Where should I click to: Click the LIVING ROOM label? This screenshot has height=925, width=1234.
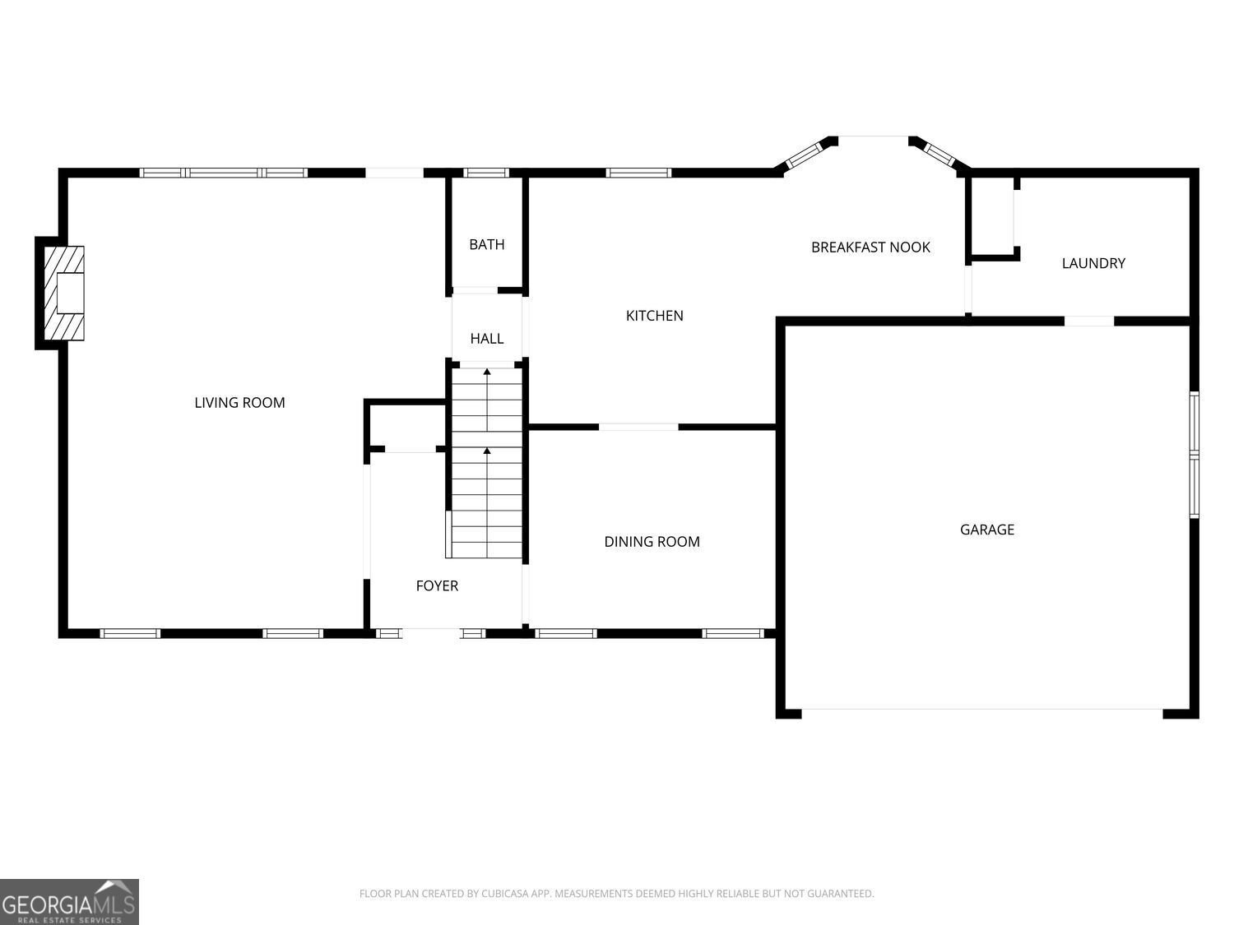click(239, 403)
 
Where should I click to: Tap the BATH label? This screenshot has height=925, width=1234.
click(487, 244)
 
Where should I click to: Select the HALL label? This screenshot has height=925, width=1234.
click(487, 339)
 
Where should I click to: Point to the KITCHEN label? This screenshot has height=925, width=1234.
click(654, 316)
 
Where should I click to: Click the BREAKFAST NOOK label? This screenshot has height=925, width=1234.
click(870, 247)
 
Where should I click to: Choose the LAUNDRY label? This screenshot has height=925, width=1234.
click(1093, 263)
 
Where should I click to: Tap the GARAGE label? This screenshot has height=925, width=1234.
click(986, 530)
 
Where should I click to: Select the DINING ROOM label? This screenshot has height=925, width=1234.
click(652, 541)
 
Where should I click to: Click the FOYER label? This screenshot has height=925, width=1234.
click(437, 585)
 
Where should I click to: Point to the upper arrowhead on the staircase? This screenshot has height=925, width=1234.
click(487, 372)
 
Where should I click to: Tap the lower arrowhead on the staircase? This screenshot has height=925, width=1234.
click(487, 451)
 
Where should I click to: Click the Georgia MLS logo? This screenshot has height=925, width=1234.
click(69, 902)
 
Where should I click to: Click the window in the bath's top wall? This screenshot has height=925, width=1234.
click(485, 173)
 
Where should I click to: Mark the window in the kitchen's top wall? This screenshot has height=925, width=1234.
click(638, 173)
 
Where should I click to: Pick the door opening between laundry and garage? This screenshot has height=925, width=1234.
click(1089, 321)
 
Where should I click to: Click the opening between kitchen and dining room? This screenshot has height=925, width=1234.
click(638, 428)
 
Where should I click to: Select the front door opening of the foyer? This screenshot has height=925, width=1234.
click(431, 633)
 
